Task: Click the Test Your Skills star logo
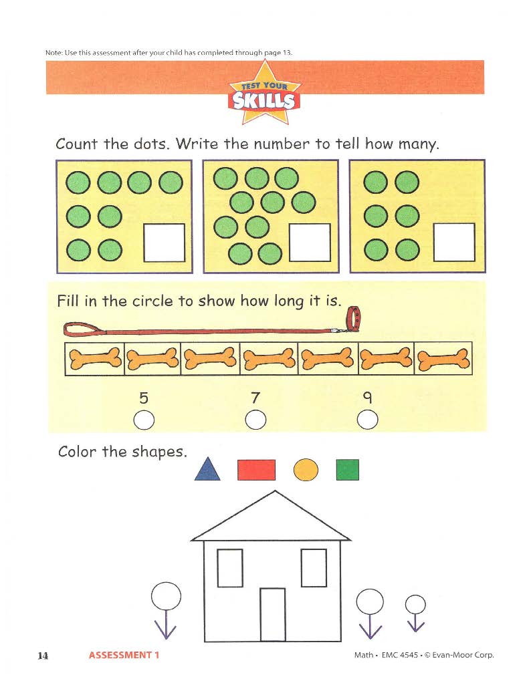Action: point(264,93)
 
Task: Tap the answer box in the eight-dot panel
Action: point(164,243)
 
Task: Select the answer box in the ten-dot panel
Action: point(310,243)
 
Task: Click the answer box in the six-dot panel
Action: point(454,242)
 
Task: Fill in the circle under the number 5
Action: point(144,420)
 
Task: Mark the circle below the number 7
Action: point(255,419)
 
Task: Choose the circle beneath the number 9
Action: point(367,419)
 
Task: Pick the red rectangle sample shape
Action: point(256,470)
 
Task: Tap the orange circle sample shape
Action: point(306,470)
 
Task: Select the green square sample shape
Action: point(347,470)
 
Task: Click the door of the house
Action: point(272,614)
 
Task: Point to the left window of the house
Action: point(230,568)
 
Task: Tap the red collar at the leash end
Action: point(354,319)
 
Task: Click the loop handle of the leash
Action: point(84,329)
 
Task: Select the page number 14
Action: point(43,656)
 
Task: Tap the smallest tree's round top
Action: point(415,604)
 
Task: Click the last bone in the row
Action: point(443,359)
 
